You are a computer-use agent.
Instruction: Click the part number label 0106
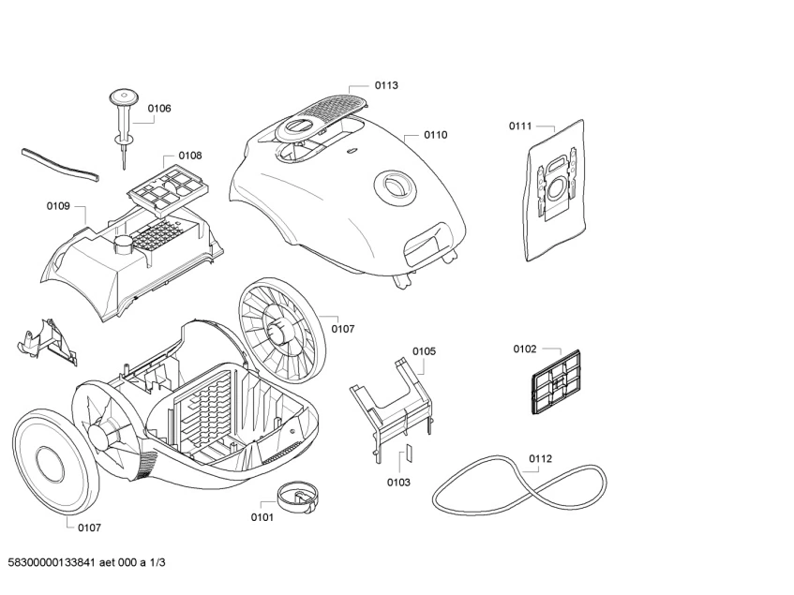pos(159,108)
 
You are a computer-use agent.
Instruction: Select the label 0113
pos(386,85)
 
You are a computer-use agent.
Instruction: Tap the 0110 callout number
pos(435,135)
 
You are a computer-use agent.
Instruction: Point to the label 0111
pos(520,126)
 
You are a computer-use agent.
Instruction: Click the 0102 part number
pos(524,350)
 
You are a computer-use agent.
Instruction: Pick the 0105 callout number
pos(424,351)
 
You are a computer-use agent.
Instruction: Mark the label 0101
pos(262,517)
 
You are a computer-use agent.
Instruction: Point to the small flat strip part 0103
pos(408,454)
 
